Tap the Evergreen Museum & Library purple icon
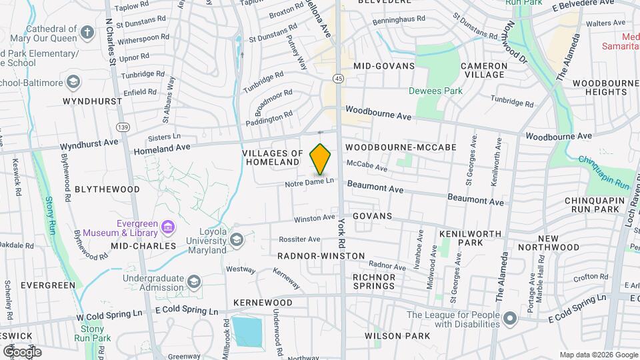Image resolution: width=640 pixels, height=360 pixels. point(169,228)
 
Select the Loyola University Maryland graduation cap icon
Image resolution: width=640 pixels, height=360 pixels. point(236,239)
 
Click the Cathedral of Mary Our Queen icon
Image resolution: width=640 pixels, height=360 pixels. point(87,33)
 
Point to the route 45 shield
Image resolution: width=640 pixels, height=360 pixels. point(340,79)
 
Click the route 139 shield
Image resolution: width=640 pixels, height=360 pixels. point(122,127)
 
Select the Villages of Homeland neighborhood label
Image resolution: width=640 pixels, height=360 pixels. point(272,157)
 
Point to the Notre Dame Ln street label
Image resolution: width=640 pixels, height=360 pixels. point(309,182)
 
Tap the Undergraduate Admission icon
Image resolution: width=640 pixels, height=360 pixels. point(194,281)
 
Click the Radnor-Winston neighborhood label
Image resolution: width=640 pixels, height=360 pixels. point(321,256)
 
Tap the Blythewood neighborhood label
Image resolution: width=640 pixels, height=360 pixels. point(107,189)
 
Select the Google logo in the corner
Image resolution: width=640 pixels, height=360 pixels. point(22,351)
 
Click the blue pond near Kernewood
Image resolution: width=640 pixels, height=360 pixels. point(248,331)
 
